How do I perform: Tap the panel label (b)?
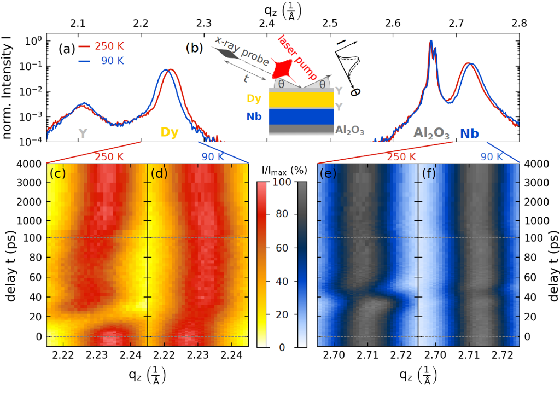pos(194,48)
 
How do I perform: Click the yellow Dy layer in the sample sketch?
pos(301,100)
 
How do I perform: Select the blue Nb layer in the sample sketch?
pos(301,116)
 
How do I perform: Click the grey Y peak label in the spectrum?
pos(83,132)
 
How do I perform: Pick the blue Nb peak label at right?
pos(470,133)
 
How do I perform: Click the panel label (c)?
pos(58,174)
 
